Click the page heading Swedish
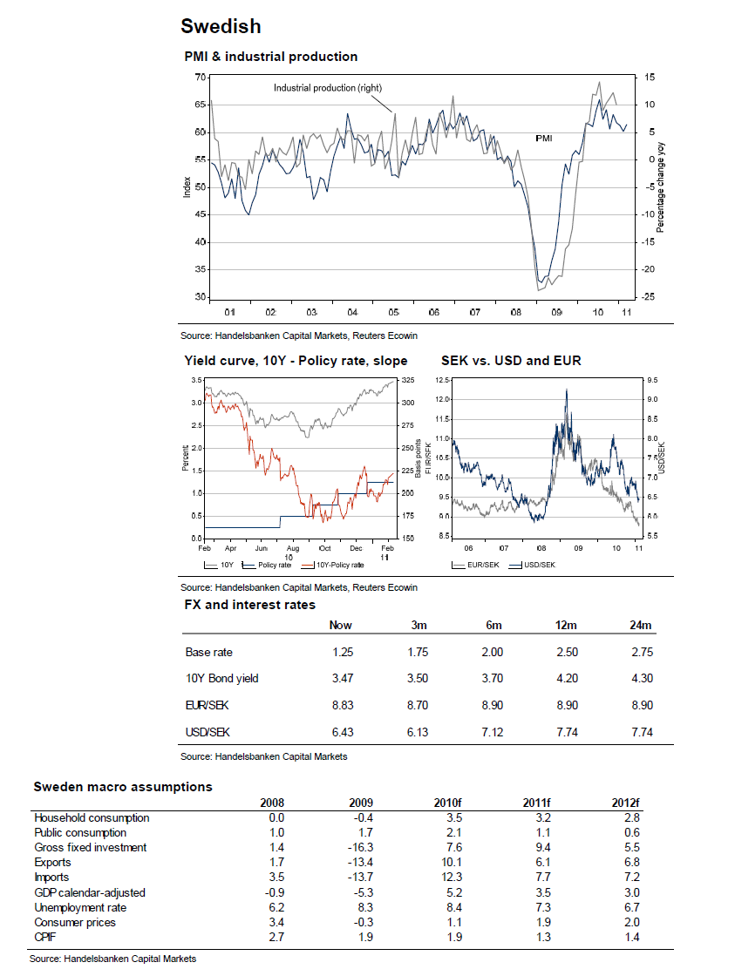pyautogui.click(x=221, y=26)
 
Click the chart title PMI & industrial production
pyautogui.click(x=270, y=57)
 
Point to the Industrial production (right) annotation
pyautogui.click(x=328, y=87)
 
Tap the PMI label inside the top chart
pyautogui.click(x=543, y=138)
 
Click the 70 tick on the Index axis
pyautogui.click(x=200, y=78)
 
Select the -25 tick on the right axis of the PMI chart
pyautogui.click(x=650, y=297)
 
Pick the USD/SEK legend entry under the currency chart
pyautogui.click(x=538, y=565)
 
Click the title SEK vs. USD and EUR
pyautogui.click(x=511, y=360)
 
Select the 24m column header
pyautogui.click(x=641, y=625)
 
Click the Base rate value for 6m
pyautogui.click(x=492, y=652)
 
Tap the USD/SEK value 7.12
pyautogui.click(x=492, y=732)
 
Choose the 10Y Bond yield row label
pyautogui.click(x=221, y=679)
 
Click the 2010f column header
pyautogui.click(x=446, y=803)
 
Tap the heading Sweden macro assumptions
pyautogui.click(x=122, y=786)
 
